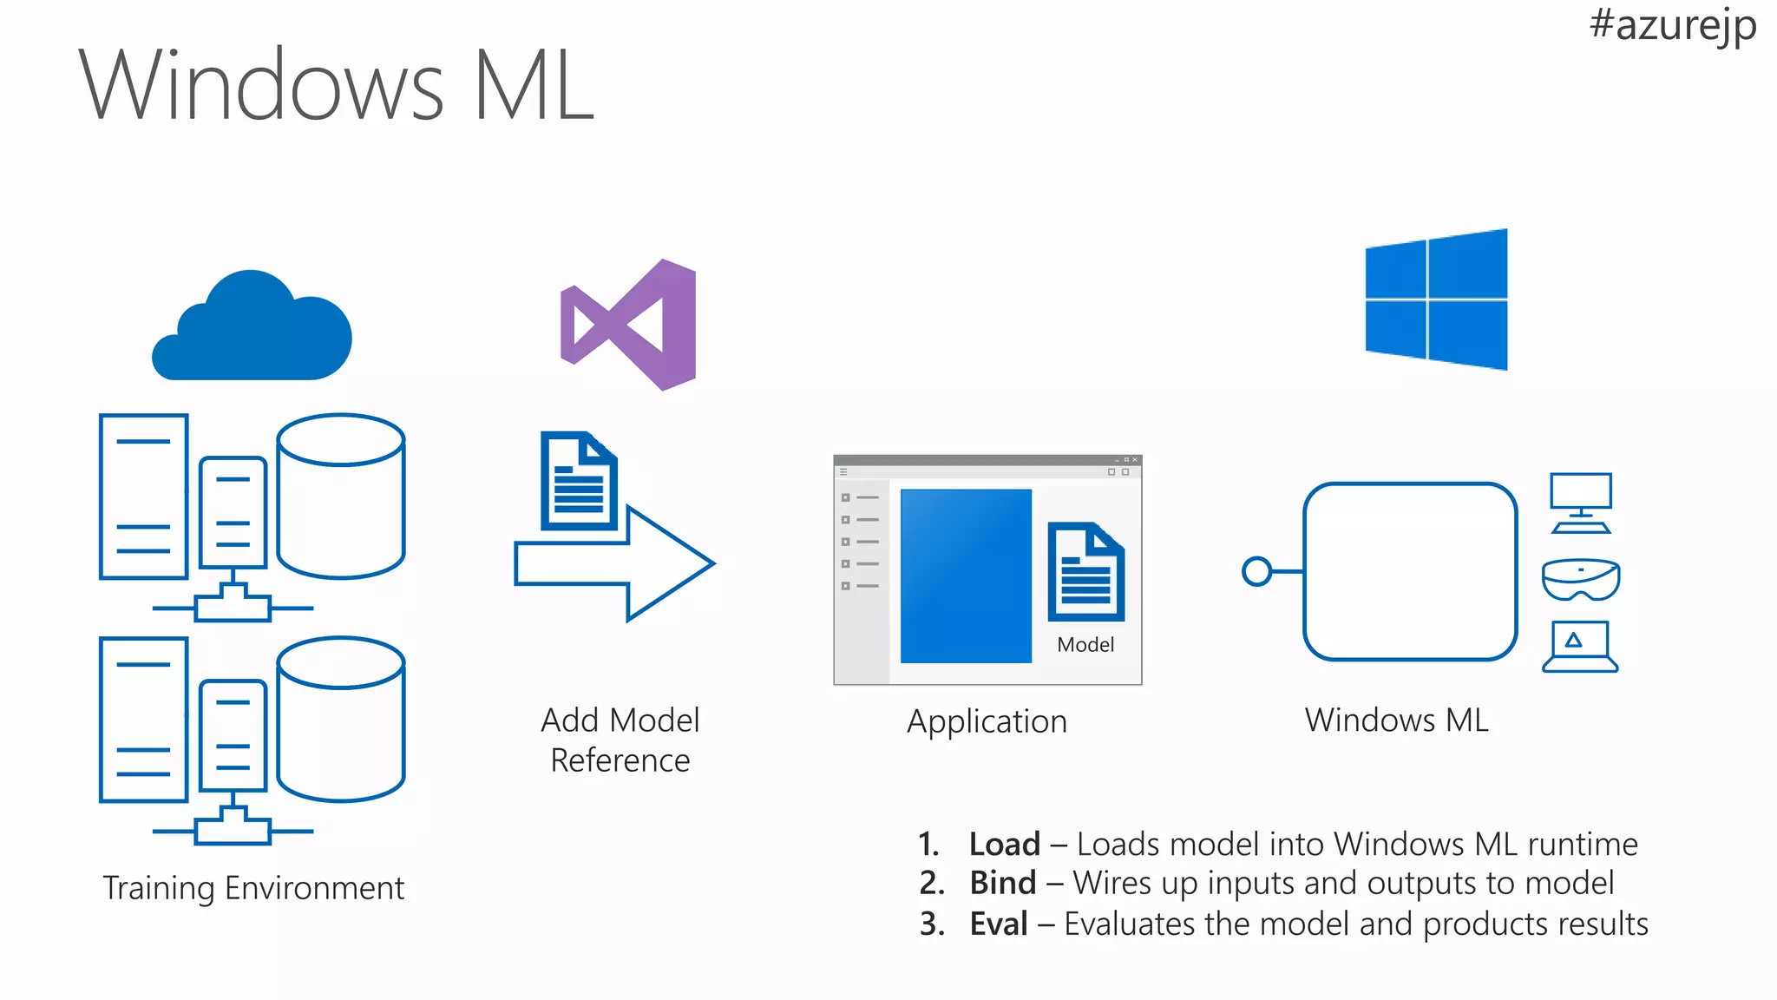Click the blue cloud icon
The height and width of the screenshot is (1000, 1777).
click(252, 331)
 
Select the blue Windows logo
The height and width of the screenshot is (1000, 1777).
click(1436, 299)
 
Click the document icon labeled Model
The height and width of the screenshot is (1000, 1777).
click(1085, 572)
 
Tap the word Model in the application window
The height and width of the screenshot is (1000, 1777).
click(1085, 645)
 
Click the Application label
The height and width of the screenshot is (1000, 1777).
click(987, 722)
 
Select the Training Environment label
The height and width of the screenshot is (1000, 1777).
click(253, 888)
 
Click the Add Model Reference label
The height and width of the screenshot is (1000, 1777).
click(620, 740)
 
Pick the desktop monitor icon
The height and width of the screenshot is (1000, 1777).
click(1581, 503)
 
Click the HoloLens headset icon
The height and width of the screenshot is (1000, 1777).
click(1581, 579)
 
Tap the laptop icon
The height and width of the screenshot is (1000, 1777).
click(1580, 647)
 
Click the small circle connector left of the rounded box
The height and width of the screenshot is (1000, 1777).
click(1256, 571)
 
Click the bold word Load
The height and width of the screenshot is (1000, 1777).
click(1004, 845)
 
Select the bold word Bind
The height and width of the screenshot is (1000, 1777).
click(1003, 884)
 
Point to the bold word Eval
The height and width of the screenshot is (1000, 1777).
click(999, 924)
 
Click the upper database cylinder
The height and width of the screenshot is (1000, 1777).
click(341, 496)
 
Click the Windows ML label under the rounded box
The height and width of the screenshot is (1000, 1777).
click(1396, 720)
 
